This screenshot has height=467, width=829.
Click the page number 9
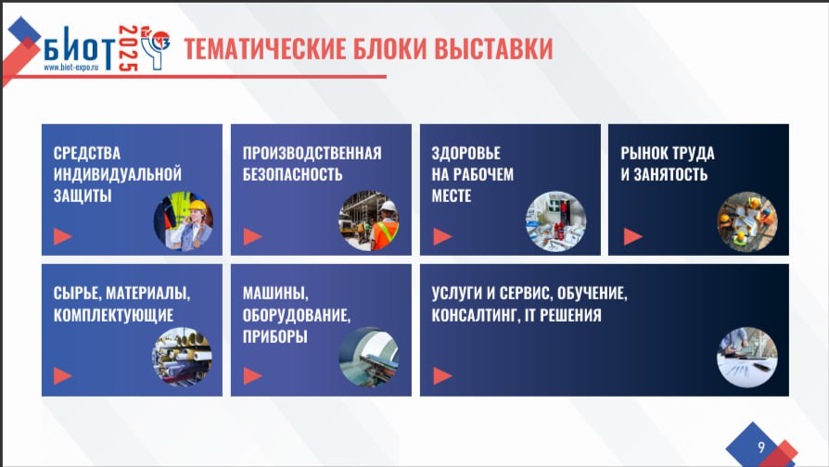click(760, 447)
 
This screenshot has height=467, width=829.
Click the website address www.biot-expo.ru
click(71, 68)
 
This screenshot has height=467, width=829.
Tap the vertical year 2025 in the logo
click(128, 48)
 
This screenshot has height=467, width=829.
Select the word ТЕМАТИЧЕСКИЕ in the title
click(264, 48)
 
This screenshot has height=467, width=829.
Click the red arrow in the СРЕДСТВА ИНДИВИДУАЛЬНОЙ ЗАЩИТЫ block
click(62, 236)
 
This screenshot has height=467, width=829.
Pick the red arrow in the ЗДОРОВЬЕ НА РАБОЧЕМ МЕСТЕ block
click(442, 236)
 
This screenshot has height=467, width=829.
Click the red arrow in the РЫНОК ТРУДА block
click(632, 236)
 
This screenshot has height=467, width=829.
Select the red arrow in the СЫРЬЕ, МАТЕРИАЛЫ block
click(62, 375)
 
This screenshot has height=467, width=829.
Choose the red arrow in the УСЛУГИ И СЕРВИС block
click(442, 375)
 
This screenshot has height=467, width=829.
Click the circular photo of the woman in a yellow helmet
click(184, 221)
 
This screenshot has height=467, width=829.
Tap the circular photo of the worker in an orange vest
click(369, 221)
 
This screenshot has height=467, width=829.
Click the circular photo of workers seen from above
click(747, 221)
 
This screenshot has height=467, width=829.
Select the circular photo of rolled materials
click(183, 357)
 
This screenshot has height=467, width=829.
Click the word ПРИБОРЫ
click(274, 336)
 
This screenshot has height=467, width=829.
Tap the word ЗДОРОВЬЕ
click(466, 153)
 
